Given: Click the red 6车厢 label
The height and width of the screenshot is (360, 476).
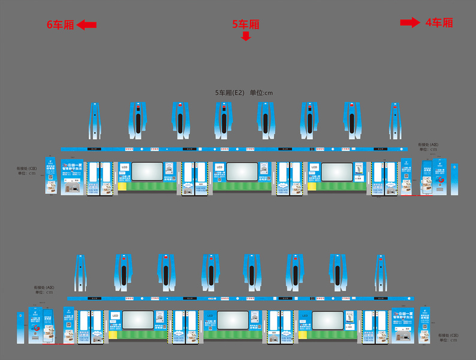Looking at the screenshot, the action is (x=61, y=25).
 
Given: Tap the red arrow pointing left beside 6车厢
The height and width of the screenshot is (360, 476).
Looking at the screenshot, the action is (x=87, y=25).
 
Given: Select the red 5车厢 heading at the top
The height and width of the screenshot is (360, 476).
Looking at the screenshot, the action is (x=246, y=25).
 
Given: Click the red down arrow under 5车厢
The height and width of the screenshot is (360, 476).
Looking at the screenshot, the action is (x=246, y=37).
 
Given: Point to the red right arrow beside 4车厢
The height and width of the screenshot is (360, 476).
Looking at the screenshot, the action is (x=411, y=23).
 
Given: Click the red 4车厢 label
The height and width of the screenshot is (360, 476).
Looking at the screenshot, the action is (x=439, y=23).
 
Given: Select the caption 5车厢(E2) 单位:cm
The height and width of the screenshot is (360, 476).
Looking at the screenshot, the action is (x=244, y=93).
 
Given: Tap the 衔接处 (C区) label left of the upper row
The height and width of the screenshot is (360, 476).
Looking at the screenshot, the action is (x=27, y=171).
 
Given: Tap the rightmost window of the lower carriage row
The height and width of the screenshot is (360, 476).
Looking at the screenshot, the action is (x=327, y=320).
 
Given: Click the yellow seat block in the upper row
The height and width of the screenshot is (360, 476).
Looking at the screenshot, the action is (x=122, y=187).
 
